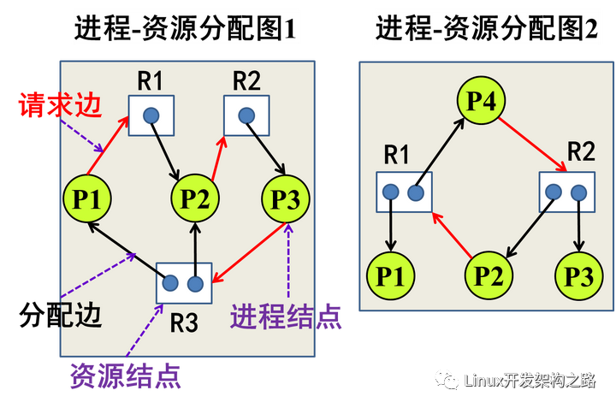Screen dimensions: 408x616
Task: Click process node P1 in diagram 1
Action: coord(88,200)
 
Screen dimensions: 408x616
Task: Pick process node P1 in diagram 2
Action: coord(391,275)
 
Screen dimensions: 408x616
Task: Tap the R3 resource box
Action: coord(183,283)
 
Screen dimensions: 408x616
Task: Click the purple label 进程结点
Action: coord(287,318)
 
